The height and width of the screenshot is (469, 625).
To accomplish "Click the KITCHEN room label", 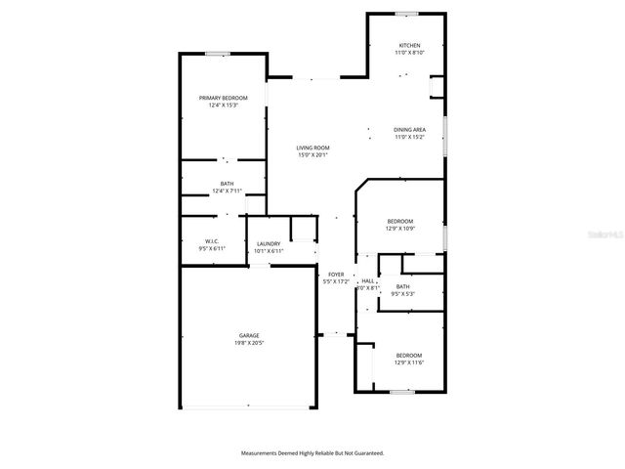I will click(409, 46).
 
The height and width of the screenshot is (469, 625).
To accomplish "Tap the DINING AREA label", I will click(409, 130).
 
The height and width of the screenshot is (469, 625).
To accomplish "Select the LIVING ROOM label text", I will click(312, 148).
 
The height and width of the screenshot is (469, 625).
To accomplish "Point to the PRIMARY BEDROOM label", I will click(223, 98).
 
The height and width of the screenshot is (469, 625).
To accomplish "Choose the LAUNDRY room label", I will click(269, 244).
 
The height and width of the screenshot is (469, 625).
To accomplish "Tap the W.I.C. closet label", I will click(211, 241).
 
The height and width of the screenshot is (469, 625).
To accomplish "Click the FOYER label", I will click(335, 275).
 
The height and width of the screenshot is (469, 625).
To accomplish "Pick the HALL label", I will click(368, 281).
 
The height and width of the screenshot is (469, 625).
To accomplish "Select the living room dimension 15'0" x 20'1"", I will click(312, 154).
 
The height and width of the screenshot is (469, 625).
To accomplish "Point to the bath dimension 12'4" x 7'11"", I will click(227, 191).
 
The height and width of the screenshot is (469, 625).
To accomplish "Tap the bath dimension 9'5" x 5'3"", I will click(402, 294).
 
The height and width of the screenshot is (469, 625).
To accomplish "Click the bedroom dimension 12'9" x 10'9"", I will click(399, 229).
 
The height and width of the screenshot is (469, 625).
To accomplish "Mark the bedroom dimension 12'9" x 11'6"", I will click(408, 362).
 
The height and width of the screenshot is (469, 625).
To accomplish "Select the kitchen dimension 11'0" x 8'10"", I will click(409, 53).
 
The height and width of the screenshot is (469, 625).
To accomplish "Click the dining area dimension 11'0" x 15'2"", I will click(409, 137).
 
